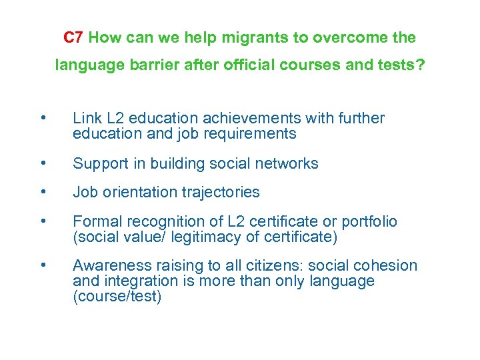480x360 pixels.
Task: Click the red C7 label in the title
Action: point(73,38)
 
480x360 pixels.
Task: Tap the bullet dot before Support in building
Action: point(43,163)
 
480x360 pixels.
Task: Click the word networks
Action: point(286,163)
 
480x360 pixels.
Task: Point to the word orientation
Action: point(139,193)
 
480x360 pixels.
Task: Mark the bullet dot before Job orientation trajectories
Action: point(43,193)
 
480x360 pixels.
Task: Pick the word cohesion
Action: point(387,266)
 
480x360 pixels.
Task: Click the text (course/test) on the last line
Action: point(117,297)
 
